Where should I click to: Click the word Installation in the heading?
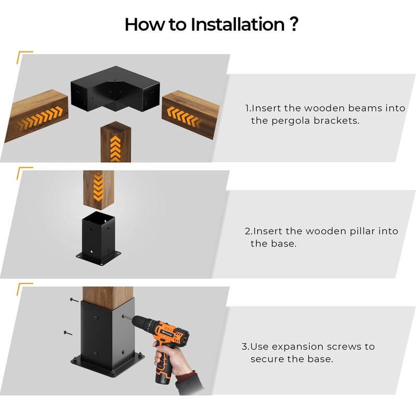(x=238, y=24)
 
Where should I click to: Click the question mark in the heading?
(x=294, y=24)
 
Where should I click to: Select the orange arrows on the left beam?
(x=41, y=118)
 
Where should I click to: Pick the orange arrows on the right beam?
(x=184, y=116)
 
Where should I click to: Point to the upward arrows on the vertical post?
(x=115, y=149)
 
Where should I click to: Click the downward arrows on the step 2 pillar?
(x=98, y=187)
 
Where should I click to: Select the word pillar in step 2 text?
(x=362, y=231)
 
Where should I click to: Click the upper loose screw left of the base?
(x=74, y=300)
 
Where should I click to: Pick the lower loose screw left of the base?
(x=68, y=333)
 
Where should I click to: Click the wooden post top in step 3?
(x=108, y=297)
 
